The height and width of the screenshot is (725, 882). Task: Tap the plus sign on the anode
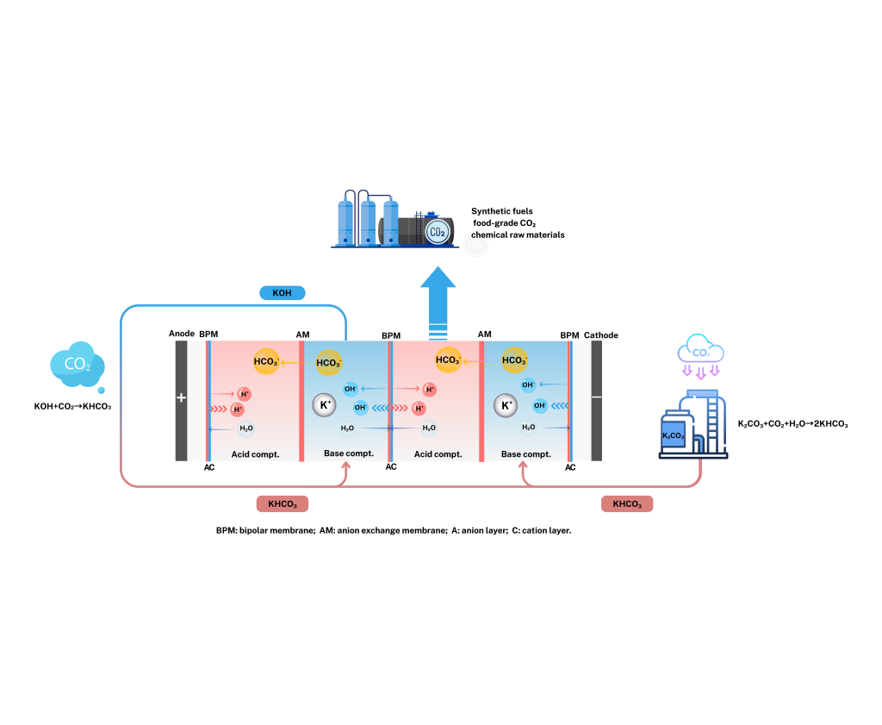pyautogui.click(x=181, y=398)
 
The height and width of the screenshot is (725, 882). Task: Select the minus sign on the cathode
pyautogui.click(x=596, y=397)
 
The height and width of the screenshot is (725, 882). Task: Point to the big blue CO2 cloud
pyautogui.click(x=77, y=366)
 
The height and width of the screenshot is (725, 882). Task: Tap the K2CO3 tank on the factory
pyautogui.click(x=673, y=435)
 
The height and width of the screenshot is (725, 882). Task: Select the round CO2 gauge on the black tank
pyautogui.click(x=438, y=232)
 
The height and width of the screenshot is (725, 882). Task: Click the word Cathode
pyautogui.click(x=601, y=335)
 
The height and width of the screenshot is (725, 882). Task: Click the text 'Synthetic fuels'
pyautogui.click(x=502, y=211)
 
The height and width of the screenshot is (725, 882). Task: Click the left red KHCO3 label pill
pyautogui.click(x=283, y=504)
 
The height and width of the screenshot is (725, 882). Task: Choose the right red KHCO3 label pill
pyautogui.click(x=626, y=503)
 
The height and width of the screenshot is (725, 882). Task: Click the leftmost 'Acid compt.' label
pyautogui.click(x=256, y=453)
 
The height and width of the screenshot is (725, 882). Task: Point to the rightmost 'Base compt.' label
pyautogui.click(x=525, y=453)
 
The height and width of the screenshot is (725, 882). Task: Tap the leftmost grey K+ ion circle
pyautogui.click(x=324, y=405)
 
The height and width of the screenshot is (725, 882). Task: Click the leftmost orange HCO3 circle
pyautogui.click(x=266, y=362)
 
